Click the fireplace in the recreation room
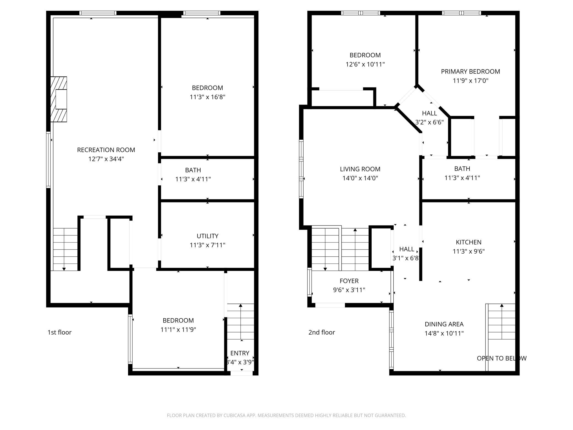tap(58, 99)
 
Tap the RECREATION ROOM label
tap(106, 150)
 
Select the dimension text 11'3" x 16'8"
tap(207, 97)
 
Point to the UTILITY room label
tap(207, 236)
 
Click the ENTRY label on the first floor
tap(240, 353)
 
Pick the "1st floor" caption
tap(60, 332)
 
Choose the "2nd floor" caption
tap(322, 332)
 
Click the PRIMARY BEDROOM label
tap(471, 72)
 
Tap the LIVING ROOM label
tap(360, 169)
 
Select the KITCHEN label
tap(469, 242)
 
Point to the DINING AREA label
tap(444, 324)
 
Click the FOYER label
tap(349, 281)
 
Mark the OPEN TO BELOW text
tap(502, 358)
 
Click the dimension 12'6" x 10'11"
tap(365, 64)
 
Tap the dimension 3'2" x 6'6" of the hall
tap(429, 122)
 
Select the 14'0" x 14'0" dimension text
tap(360, 178)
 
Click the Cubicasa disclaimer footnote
tap(286, 415)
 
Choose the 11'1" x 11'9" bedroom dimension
tap(178, 330)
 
